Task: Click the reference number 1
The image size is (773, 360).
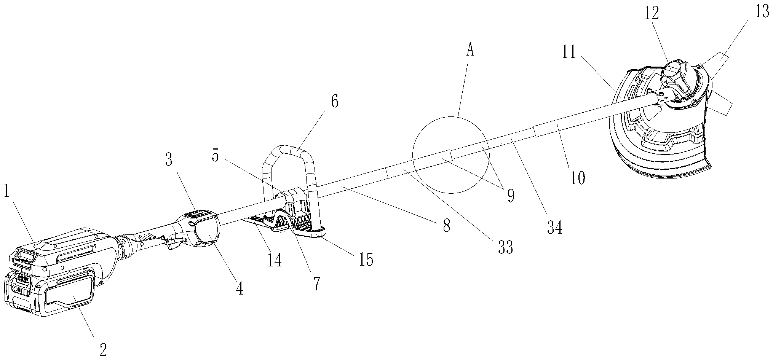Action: tap(6, 192)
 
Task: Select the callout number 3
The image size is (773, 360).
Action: tap(169, 161)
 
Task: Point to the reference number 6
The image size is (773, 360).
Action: tap(334, 102)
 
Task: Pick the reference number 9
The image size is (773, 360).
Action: tap(510, 196)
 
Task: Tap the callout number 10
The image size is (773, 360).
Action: tap(578, 177)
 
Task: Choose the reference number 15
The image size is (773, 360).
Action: tap(366, 259)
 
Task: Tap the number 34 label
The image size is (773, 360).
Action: tap(554, 228)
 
